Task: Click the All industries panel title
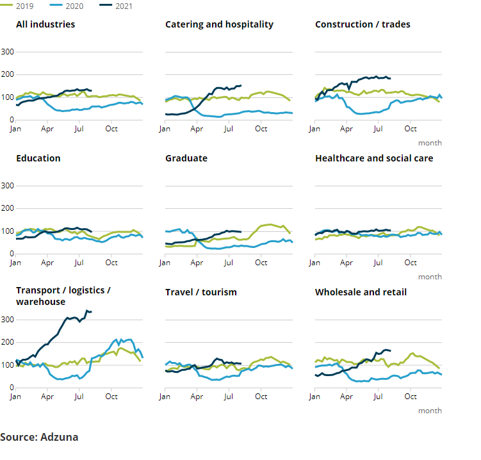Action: coord(45,24)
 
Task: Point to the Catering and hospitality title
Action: coord(219,24)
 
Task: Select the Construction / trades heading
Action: coord(363,24)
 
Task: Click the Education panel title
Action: coord(38,158)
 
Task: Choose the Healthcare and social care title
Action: coord(374,158)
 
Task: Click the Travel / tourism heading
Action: coord(201,292)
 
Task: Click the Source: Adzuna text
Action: coord(39,437)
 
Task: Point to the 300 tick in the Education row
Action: coord(8,186)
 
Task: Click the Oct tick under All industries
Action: coord(111,129)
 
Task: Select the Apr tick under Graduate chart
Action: coord(197,263)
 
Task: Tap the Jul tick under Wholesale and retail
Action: coord(379,397)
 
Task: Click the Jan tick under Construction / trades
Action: coord(314,129)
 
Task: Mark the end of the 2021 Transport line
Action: coord(91,312)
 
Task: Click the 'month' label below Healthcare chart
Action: coord(430,277)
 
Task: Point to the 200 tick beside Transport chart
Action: coord(8,342)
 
